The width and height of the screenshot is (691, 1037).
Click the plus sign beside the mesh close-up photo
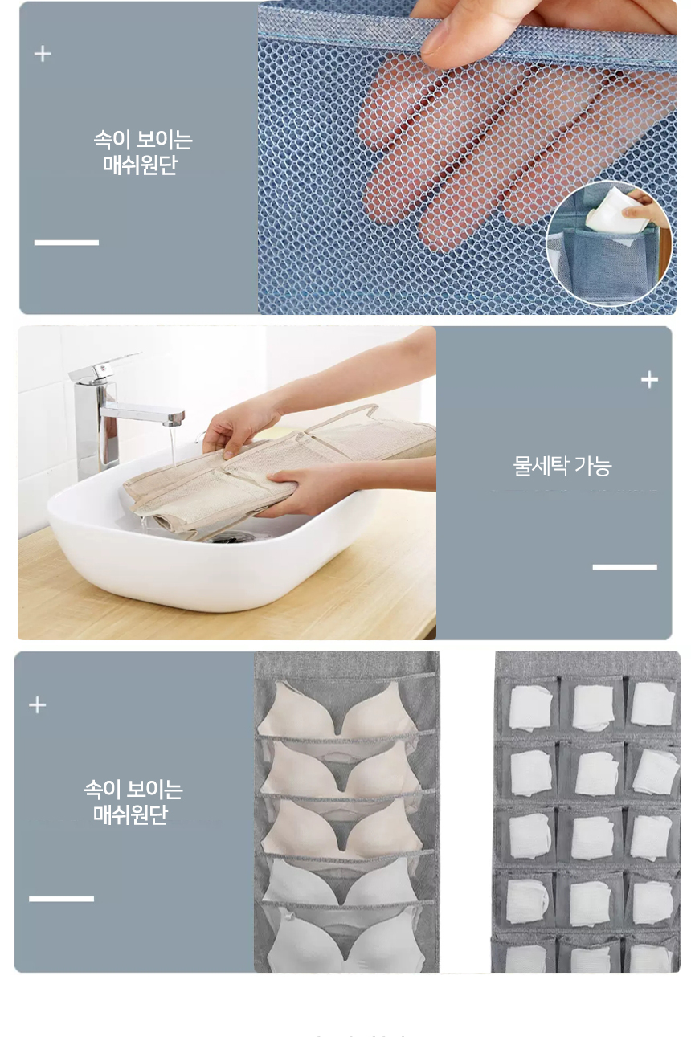click(x=43, y=54)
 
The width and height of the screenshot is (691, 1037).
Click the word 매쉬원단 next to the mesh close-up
click(x=139, y=165)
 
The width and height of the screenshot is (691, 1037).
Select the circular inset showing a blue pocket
click(x=610, y=243)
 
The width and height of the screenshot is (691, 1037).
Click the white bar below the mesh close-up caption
click(x=66, y=243)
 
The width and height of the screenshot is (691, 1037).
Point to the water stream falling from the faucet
click(x=173, y=447)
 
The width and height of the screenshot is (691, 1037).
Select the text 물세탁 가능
click(x=562, y=465)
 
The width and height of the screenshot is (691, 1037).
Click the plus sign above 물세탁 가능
click(x=649, y=380)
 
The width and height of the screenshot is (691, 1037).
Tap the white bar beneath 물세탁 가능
click(x=624, y=567)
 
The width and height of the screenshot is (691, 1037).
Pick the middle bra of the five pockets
click(x=341, y=827)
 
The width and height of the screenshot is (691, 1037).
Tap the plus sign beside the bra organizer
click(x=38, y=705)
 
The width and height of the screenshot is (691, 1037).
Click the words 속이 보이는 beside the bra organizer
click(x=133, y=790)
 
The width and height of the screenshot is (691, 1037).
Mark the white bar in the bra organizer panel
click(x=61, y=899)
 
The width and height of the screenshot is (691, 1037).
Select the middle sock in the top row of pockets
click(x=593, y=707)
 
